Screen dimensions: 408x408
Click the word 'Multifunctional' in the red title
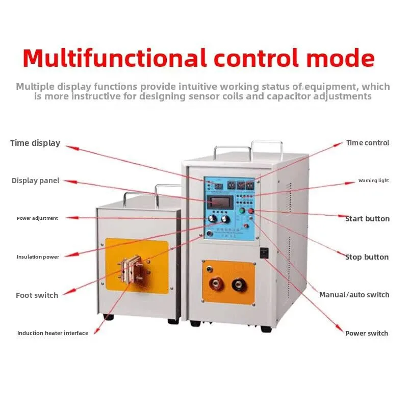(x=115, y=58)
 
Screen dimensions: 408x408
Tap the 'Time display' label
(x=35, y=143)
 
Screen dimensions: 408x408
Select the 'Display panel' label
(x=36, y=181)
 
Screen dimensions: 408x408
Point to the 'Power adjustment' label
(x=37, y=218)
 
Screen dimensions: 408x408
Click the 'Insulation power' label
(x=38, y=257)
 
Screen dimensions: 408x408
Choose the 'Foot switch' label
(x=37, y=295)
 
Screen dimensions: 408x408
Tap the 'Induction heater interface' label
(x=53, y=333)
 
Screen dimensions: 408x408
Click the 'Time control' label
(x=368, y=143)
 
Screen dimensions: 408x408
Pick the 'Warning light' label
(x=373, y=181)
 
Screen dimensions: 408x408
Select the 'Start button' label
(x=367, y=219)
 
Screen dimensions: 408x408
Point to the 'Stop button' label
(x=367, y=257)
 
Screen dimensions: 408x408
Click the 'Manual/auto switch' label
(x=354, y=295)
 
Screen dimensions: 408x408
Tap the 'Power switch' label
(x=367, y=333)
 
